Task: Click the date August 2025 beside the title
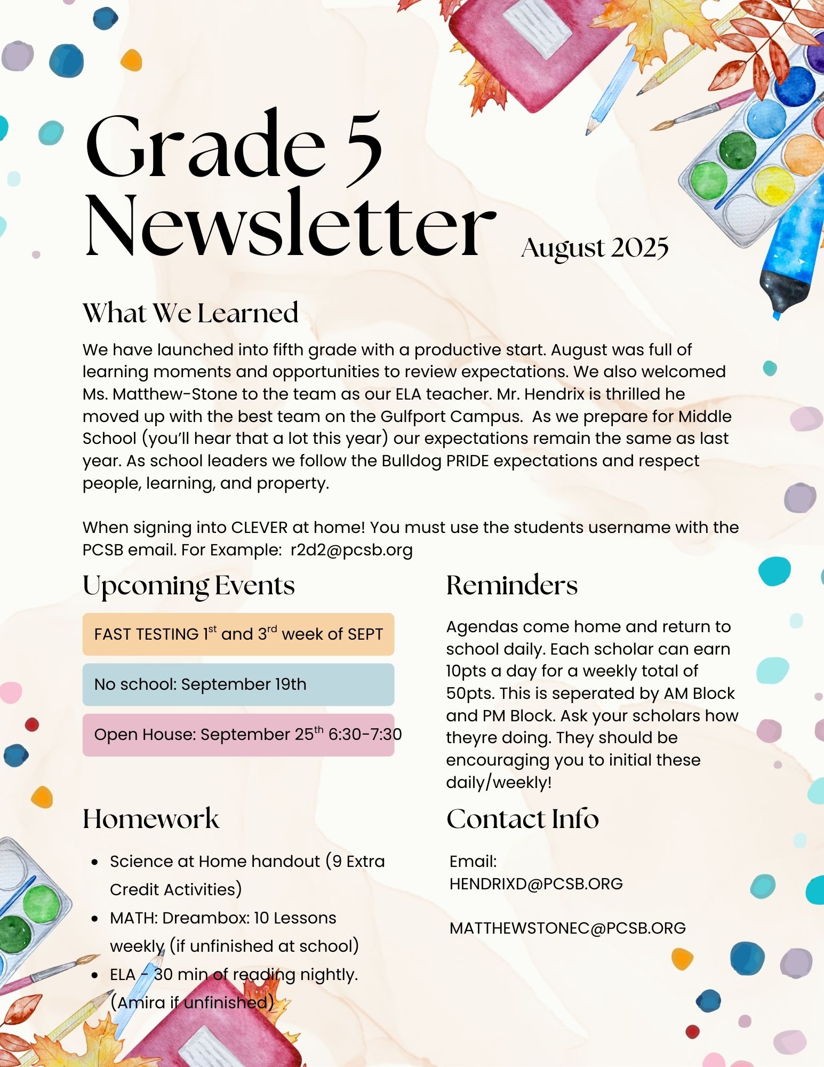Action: click(x=595, y=248)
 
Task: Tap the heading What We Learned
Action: click(x=190, y=313)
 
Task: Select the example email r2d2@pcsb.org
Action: click(x=351, y=550)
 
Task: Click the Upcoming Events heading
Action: click(x=189, y=586)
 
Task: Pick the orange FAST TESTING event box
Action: click(x=238, y=634)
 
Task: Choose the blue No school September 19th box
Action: click(x=238, y=684)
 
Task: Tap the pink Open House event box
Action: click(x=238, y=735)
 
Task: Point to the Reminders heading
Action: click(x=511, y=585)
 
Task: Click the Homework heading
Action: click(x=151, y=819)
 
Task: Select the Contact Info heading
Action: click(x=523, y=819)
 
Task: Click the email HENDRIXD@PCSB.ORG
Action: click(x=536, y=884)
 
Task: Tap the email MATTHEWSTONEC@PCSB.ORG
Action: click(x=567, y=928)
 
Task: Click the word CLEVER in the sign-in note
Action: click(x=259, y=528)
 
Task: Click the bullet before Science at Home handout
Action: click(x=95, y=862)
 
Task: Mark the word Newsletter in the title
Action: click(x=291, y=224)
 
